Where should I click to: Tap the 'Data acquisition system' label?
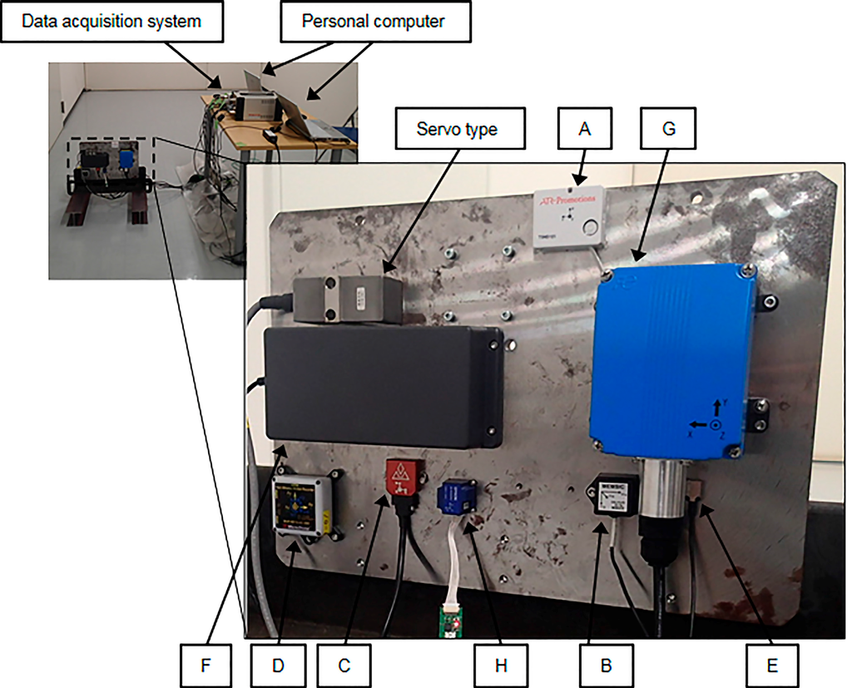click(x=111, y=21)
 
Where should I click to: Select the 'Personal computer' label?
click(x=374, y=21)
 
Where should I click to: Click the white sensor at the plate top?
click(x=569, y=217)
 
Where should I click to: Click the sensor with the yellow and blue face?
click(x=301, y=507)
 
